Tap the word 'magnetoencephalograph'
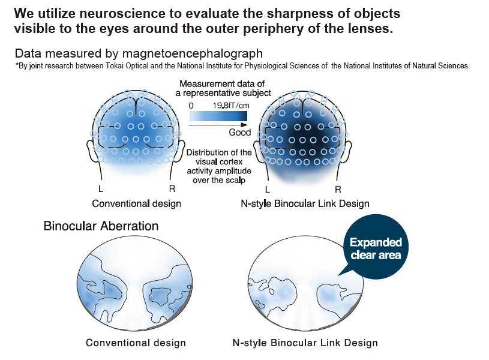pos(192,53)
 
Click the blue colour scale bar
pos(218,116)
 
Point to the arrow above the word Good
pos(218,125)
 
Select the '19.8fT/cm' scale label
pos(231,106)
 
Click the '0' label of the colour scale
pos(191,106)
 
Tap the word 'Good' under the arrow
pos(239,132)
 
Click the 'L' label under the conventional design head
pos(100,189)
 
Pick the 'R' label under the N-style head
pos(338,189)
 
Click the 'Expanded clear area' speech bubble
pos(376,247)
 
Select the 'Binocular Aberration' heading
pos(101,226)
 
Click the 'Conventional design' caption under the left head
pos(136,203)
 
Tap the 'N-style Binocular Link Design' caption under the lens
pos(305,343)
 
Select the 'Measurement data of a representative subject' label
pos(223,88)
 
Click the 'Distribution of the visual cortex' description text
pos(219,157)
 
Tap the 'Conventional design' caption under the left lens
pos(136,343)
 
